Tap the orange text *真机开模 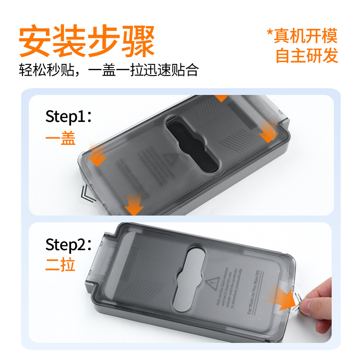302,35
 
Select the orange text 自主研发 306,55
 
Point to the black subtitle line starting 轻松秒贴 108,70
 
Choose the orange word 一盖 60,139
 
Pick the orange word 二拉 60,265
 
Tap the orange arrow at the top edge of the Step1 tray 221,98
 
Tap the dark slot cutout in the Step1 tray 193,144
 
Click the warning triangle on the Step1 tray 171,159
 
